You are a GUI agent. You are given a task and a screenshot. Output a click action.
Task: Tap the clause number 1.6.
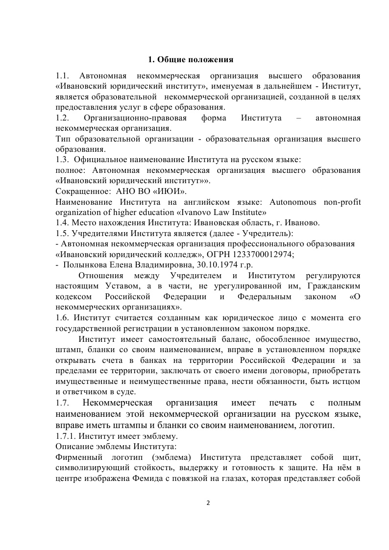(x=62, y=318)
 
